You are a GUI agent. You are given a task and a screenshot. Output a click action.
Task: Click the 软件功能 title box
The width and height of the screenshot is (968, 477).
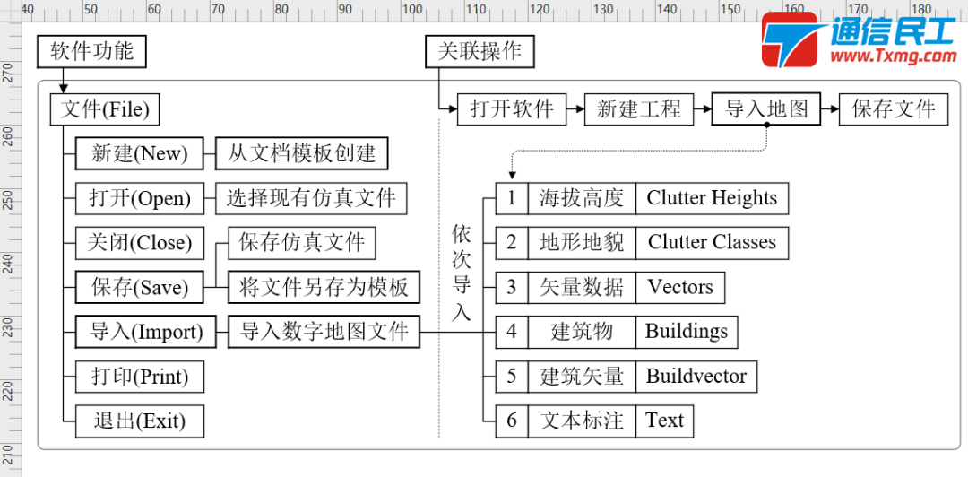click(91, 52)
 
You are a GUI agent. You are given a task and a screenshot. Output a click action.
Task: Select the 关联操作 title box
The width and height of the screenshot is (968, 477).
click(480, 52)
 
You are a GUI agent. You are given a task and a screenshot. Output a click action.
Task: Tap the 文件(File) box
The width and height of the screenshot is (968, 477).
click(105, 110)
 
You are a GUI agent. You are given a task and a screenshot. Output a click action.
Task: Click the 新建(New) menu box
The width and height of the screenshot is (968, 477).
click(139, 154)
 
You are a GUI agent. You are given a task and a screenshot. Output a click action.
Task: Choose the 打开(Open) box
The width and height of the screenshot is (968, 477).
click(139, 198)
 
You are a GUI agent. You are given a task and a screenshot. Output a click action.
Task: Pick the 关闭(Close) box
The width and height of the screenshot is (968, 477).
click(139, 243)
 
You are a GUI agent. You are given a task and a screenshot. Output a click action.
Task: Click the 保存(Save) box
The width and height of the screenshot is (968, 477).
click(139, 288)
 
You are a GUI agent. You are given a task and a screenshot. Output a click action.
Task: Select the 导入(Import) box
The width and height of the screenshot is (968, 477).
click(139, 332)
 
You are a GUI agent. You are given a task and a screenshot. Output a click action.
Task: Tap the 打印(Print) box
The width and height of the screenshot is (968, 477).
click(139, 377)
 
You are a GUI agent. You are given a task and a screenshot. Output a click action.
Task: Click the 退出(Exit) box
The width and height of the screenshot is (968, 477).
click(139, 421)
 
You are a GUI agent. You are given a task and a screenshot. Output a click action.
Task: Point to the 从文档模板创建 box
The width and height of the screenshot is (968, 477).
click(302, 154)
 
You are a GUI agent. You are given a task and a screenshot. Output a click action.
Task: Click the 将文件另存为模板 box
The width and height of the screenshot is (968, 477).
click(324, 288)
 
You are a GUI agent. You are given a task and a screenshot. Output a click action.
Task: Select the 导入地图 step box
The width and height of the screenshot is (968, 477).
click(766, 109)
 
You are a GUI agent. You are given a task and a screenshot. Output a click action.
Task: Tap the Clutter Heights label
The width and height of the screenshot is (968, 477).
click(712, 198)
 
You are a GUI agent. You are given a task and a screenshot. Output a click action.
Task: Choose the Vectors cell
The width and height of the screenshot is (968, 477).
click(680, 287)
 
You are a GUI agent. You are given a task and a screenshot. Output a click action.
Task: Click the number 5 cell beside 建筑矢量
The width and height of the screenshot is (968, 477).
click(512, 376)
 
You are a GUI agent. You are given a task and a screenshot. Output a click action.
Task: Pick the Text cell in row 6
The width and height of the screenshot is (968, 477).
click(664, 421)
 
